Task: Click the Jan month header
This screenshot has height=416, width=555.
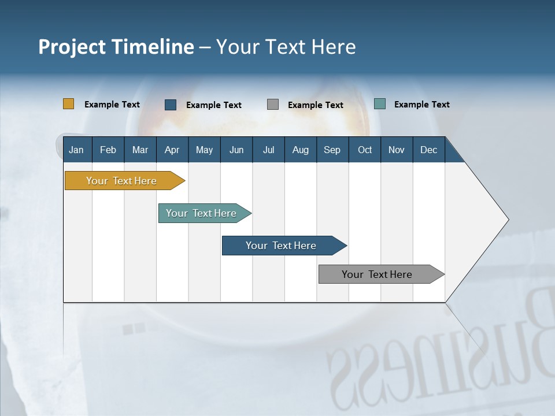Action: pyautogui.click(x=76, y=150)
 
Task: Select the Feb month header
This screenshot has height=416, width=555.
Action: pyautogui.click(x=108, y=150)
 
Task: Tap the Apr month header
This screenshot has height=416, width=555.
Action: pyautogui.click(x=172, y=150)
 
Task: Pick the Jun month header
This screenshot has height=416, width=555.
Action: pyautogui.click(x=236, y=150)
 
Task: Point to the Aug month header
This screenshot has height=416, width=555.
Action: pyautogui.click(x=300, y=150)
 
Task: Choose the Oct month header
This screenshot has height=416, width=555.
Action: pyautogui.click(x=365, y=150)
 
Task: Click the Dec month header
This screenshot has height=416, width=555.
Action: pyautogui.click(x=428, y=150)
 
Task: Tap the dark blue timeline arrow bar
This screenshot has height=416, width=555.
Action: pyautogui.click(x=282, y=246)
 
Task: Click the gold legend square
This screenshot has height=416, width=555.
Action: pyautogui.click(x=68, y=104)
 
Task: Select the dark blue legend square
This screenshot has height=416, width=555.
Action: pyautogui.click(x=171, y=105)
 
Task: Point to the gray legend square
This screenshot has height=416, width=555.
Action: pyautogui.click(x=273, y=105)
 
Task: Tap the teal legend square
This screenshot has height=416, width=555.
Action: pyautogui.click(x=380, y=104)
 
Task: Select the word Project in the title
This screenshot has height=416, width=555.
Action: pyautogui.click(x=71, y=47)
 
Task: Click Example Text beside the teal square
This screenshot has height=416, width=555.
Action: pyautogui.click(x=421, y=105)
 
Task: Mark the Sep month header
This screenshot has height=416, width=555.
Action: pyautogui.click(x=332, y=150)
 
